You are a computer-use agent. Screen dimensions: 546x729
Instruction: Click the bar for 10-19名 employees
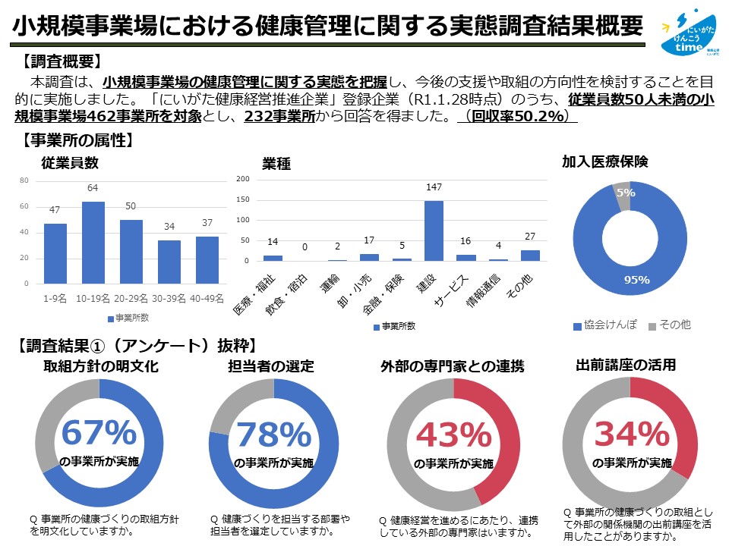click(x=93, y=242)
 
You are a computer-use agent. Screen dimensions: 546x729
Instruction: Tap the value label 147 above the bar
click(x=434, y=187)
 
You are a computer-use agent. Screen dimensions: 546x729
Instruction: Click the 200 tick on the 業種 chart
click(x=243, y=179)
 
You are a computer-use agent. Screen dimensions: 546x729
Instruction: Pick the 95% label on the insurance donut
click(x=636, y=280)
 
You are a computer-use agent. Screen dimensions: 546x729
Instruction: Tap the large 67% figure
click(x=99, y=433)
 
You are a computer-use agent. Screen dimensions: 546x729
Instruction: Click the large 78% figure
click(x=273, y=435)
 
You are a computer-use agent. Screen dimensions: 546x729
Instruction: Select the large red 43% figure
click(x=453, y=435)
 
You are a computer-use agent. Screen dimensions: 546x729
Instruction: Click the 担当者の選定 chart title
click(x=271, y=366)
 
